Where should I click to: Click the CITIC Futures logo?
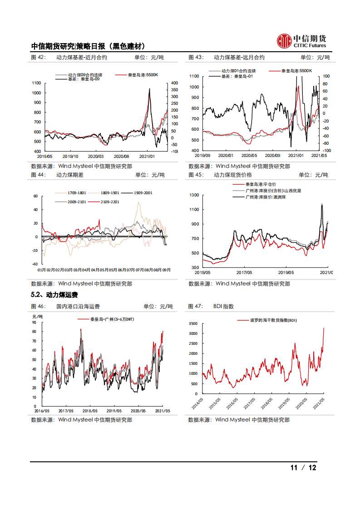click(x=301, y=41)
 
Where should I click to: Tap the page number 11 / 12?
click(x=303, y=468)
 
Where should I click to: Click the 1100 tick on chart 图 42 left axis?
click(x=36, y=83)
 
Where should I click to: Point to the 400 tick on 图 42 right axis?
click(x=174, y=83)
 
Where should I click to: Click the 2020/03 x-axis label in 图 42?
click(x=96, y=156)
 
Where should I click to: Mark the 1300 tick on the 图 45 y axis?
click(x=194, y=195)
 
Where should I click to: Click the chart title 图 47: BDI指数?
click(x=211, y=307)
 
